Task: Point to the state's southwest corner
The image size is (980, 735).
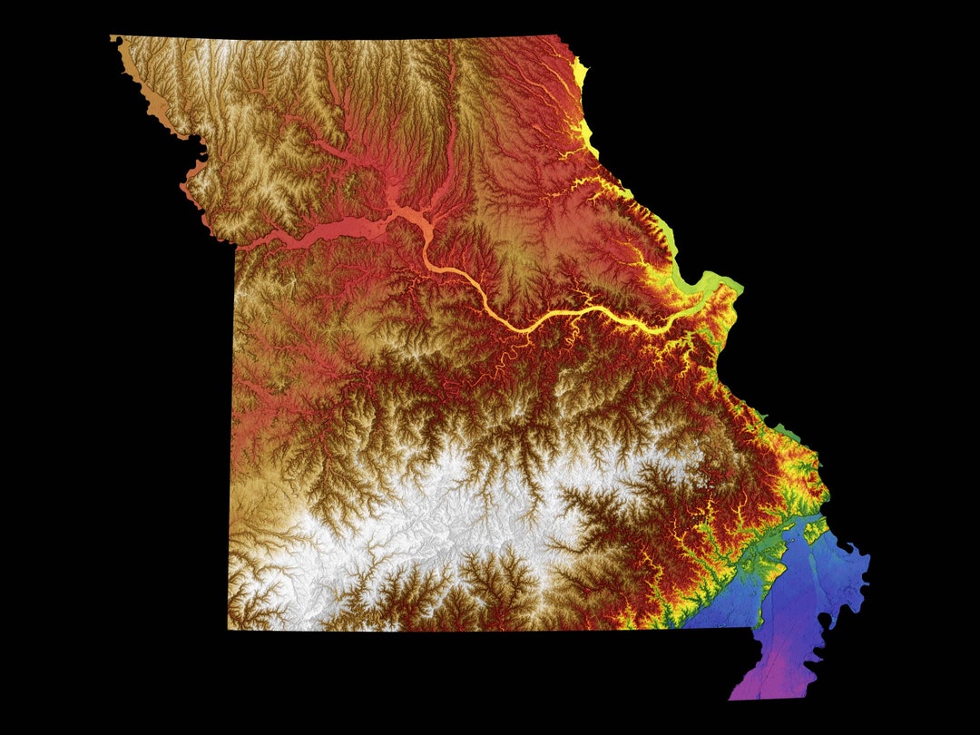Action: (230, 626)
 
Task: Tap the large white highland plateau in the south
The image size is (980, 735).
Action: (436, 535)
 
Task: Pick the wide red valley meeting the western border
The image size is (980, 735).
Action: (272, 239)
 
